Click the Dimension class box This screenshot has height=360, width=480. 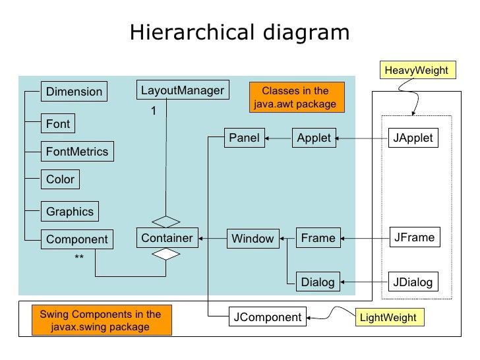[74, 92]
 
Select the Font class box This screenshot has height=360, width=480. [57, 123]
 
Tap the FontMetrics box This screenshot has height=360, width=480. [76, 152]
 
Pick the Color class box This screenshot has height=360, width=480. [60, 179]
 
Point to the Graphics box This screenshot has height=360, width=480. [70, 212]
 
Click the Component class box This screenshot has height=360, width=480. [76, 239]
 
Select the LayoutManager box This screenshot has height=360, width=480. [183, 90]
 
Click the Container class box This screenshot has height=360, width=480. [167, 238]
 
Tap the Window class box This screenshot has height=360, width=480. [253, 239]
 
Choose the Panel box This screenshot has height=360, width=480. [244, 138]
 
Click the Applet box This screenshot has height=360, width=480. [314, 138]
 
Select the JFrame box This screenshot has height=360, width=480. [413, 237]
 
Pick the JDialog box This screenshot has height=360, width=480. [413, 282]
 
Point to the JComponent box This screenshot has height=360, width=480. [268, 317]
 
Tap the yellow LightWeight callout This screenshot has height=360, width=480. [388, 318]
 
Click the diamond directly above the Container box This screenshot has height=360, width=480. [167, 221]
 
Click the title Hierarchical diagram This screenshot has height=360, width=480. [239, 32]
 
